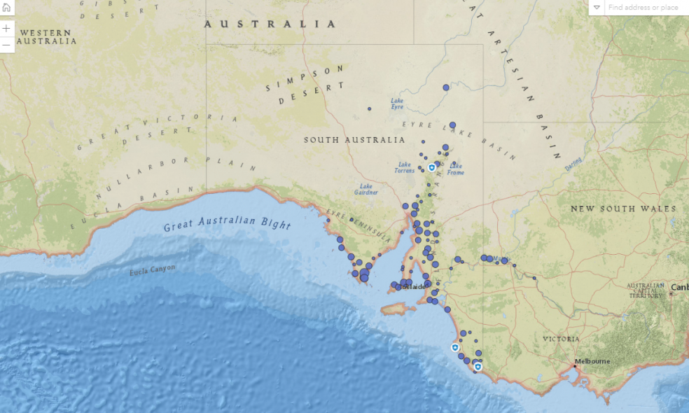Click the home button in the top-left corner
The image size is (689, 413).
tap(6, 8)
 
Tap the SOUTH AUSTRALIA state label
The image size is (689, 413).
tap(354, 140)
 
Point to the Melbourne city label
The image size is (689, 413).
tap(592, 361)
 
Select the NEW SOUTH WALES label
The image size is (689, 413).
tap(623, 209)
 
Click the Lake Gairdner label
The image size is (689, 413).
tap(366, 189)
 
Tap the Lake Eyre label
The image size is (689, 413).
tap(397, 104)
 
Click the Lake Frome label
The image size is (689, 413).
tap(455, 169)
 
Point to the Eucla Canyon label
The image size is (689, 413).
tap(153, 269)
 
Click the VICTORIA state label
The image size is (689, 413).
tap(561, 339)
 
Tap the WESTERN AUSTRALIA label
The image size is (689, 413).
tap(46, 37)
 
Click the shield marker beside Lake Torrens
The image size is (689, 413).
tap(431, 168)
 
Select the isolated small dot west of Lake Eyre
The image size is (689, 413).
tap(370, 109)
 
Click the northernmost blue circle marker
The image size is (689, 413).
tap(446, 87)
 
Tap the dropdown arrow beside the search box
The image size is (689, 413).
tap(597, 8)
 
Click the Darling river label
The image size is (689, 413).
tap(573, 163)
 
